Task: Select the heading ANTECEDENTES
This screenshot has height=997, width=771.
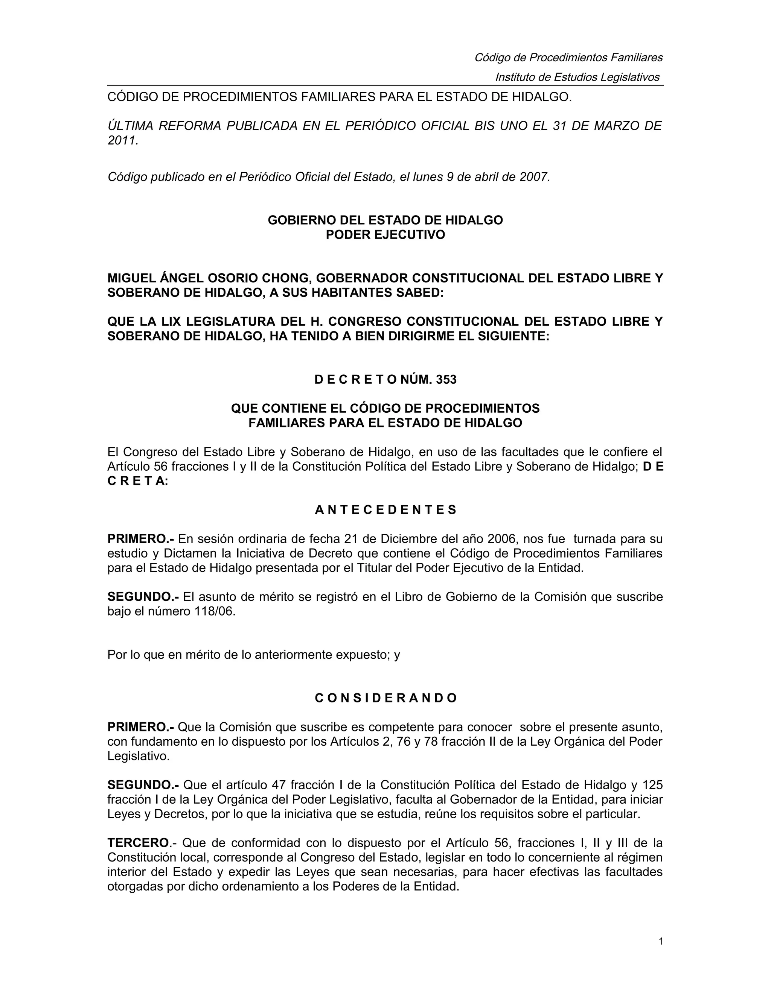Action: click(x=385, y=510)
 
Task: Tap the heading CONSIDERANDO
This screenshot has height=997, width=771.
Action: click(x=385, y=698)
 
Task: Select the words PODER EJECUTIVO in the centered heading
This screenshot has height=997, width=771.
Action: click(x=385, y=235)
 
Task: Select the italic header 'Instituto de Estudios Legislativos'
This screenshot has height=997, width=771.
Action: click(x=577, y=77)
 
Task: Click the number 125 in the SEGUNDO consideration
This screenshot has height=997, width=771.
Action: click(x=652, y=785)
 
